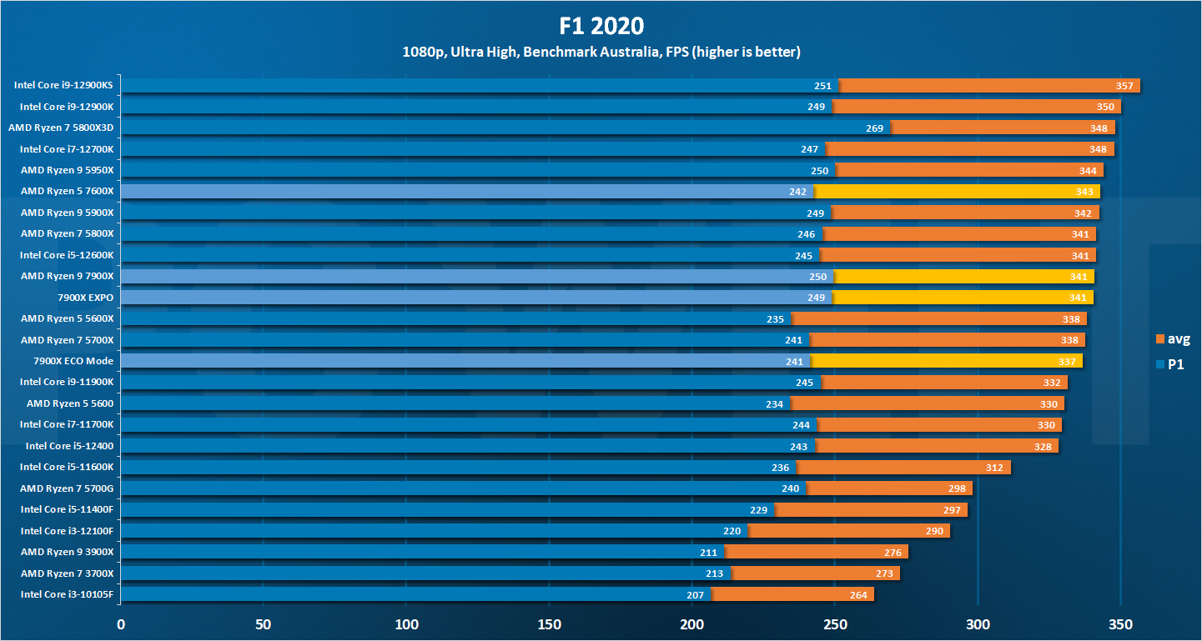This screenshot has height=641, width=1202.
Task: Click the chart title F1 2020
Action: pyautogui.click(x=601, y=25)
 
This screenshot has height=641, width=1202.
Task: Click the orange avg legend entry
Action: pyautogui.click(x=1173, y=338)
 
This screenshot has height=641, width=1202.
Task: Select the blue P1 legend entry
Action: pyautogui.click(x=1170, y=363)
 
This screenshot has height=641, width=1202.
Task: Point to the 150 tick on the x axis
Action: pyautogui.click(x=549, y=623)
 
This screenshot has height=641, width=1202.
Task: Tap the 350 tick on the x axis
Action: pyautogui.click(x=1120, y=623)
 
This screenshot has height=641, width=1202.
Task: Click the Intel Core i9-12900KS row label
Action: pyautogui.click(x=63, y=85)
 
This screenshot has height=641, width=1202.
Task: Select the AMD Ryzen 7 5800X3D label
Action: pyautogui.click(x=61, y=128)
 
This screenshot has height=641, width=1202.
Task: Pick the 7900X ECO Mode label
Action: pyautogui.click(x=73, y=361)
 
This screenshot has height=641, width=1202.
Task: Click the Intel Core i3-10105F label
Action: pyautogui.click(x=67, y=594)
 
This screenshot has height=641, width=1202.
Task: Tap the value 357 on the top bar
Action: pyautogui.click(x=1124, y=86)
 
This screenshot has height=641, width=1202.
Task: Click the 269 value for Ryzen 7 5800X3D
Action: pyautogui.click(x=875, y=128)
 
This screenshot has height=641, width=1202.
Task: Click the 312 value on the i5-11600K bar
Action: pyautogui.click(x=994, y=468)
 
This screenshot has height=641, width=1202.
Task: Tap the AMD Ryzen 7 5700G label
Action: pyautogui.click(x=67, y=488)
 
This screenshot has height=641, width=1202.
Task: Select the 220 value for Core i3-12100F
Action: pyautogui.click(x=732, y=531)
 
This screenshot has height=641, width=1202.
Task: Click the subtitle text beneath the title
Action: pyautogui.click(x=601, y=53)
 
